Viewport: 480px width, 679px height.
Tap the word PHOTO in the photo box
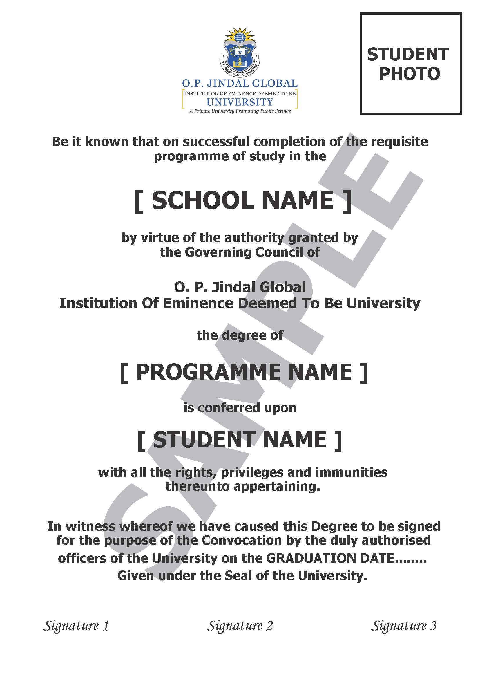410,74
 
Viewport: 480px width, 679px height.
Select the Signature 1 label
76,626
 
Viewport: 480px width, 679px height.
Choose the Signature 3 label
404,626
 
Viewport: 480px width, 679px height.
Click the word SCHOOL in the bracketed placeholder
202,201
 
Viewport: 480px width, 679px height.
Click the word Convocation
242,540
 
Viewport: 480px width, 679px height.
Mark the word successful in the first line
216,142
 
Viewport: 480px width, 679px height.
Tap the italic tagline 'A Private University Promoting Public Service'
240,111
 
